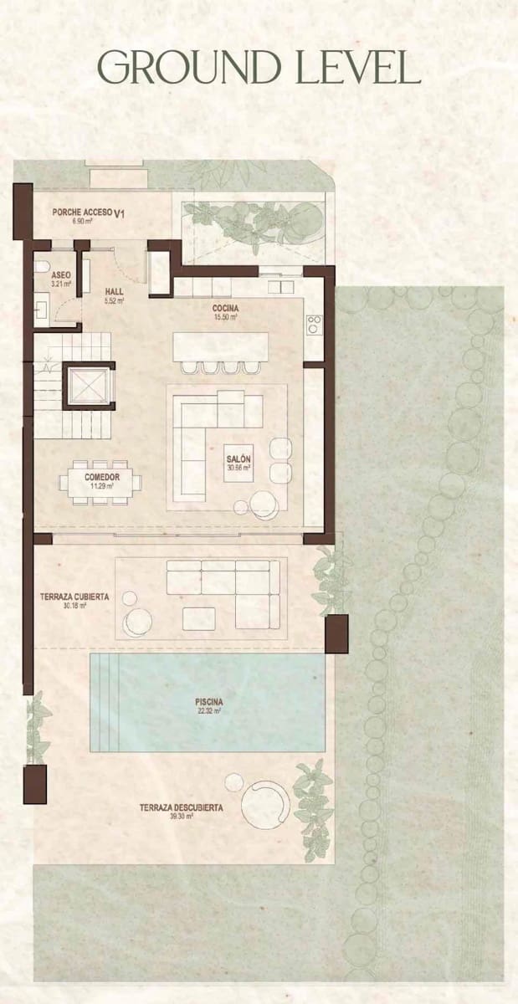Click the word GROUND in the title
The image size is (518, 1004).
190,67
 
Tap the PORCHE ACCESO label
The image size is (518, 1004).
82,212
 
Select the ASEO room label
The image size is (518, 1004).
60,275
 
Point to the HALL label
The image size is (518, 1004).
114,291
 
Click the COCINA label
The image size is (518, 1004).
225,309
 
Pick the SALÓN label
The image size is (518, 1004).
238,459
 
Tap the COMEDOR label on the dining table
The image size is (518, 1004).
102,478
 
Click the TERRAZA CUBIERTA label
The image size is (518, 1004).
74,597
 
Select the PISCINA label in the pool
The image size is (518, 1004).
209,702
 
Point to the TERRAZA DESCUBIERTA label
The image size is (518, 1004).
182,808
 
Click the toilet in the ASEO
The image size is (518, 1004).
42,267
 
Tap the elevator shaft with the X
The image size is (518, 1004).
89,386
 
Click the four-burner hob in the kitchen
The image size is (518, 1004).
314,325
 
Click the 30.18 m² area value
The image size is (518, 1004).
74,605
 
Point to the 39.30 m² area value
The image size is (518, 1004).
182,817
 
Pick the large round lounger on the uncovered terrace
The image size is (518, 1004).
266,804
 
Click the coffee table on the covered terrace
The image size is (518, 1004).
198,618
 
